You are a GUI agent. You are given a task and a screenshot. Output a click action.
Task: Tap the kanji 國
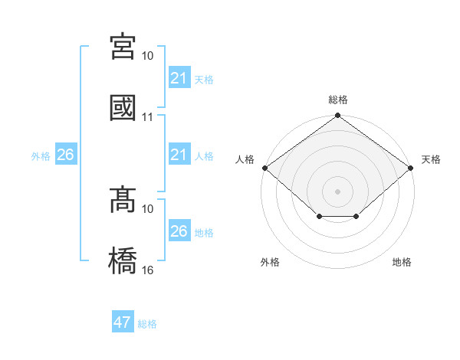point(123,108)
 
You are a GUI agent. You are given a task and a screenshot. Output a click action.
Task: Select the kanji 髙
point(123,200)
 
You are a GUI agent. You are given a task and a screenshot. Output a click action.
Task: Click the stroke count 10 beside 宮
point(148,56)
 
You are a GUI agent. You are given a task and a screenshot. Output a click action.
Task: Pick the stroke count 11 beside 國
point(148,118)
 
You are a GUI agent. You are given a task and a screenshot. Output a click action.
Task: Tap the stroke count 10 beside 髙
point(148,208)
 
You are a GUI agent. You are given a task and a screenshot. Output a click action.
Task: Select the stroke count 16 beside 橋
point(148,270)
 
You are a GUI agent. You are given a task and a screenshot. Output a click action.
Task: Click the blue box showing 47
point(123,322)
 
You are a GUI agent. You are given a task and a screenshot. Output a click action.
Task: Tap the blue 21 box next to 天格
point(179,78)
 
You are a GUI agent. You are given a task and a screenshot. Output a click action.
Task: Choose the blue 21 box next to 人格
point(179,155)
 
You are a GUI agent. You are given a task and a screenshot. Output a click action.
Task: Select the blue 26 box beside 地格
point(179,231)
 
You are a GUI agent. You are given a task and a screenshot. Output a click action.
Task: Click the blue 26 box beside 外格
point(65,155)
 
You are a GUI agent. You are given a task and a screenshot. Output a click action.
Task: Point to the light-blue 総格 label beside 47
point(147,323)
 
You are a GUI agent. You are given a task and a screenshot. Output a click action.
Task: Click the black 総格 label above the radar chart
point(337,100)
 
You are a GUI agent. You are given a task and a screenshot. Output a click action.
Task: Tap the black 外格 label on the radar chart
point(270,263)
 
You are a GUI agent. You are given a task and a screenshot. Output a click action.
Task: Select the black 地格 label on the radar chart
point(402,263)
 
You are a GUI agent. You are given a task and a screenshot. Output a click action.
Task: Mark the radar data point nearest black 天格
point(411,168)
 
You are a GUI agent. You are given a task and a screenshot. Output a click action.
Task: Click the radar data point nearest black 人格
point(264,168)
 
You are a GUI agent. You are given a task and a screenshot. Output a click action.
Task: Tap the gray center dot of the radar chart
point(337,191)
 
